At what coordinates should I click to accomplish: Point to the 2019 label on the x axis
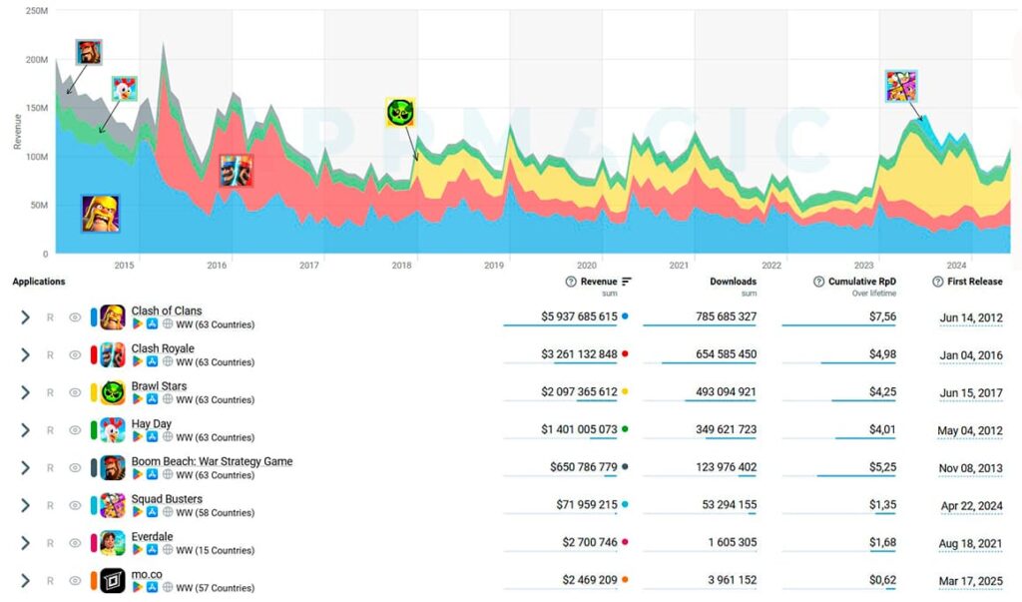coord(494,265)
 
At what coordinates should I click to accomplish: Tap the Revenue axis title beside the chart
coord(17,131)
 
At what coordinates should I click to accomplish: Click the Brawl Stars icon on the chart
coord(400,112)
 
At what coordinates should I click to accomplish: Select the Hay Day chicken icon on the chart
coord(125,89)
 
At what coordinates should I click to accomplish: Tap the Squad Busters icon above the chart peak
coord(901,86)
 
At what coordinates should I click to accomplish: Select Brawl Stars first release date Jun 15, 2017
coord(971,392)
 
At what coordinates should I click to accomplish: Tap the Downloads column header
coord(733,282)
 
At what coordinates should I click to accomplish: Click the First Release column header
coord(974,282)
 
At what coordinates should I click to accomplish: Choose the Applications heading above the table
coord(39,282)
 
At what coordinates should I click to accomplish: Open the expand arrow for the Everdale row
coord(25,543)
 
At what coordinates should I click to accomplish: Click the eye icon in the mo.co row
coord(75,580)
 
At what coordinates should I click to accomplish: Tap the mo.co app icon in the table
coord(113,580)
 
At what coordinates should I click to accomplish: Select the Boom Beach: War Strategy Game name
coord(212,461)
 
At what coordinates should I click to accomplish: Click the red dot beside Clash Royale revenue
coord(625,354)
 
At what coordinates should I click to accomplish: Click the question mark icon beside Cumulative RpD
coord(819,282)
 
